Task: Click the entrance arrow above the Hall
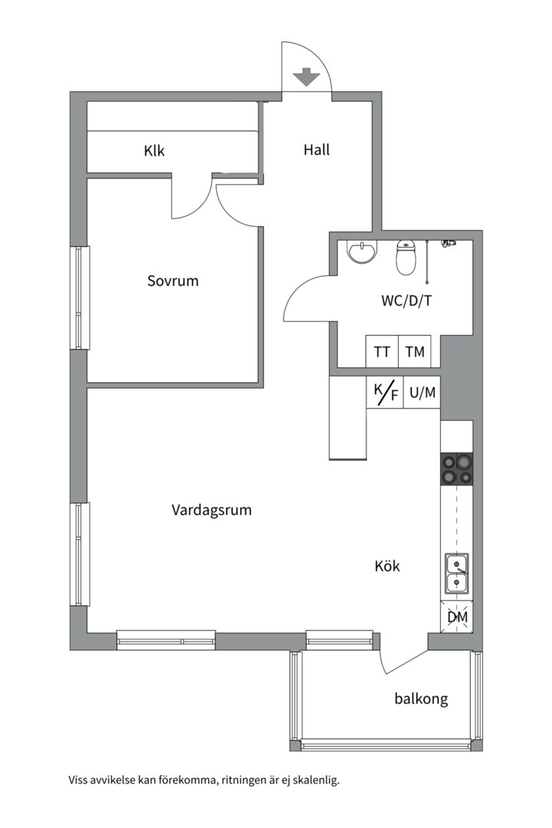307,77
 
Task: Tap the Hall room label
317,150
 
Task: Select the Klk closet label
154,151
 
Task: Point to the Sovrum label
172,281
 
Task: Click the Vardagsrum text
212,511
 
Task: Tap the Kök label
387,566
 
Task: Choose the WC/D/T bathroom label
406,301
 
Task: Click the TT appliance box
382,351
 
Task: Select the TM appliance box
415,351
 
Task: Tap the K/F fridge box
385,392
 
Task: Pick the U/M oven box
422,392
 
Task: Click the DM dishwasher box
457,616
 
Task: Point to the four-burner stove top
457,469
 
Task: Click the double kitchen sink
457,574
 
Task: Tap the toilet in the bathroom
406,257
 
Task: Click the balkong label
421,699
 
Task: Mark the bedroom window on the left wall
80,297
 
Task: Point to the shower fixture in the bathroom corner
449,244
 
